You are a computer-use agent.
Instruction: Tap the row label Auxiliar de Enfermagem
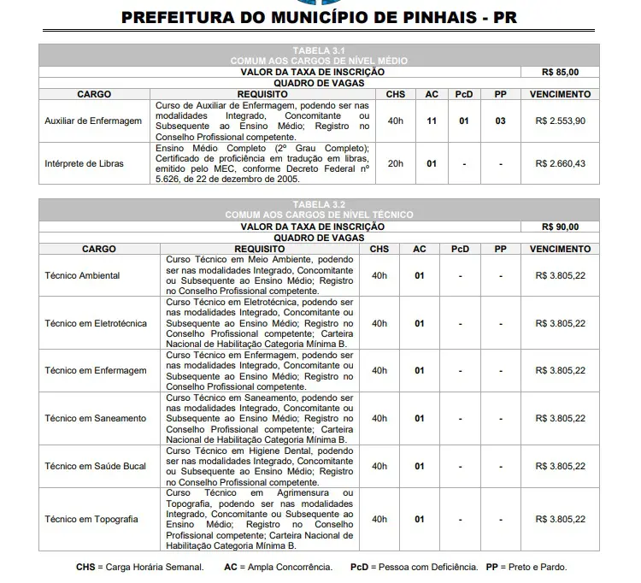[x=93, y=121]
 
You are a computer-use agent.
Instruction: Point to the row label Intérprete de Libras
[x=84, y=163]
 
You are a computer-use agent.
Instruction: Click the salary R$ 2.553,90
[x=560, y=121]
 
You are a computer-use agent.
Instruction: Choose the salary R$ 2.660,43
[x=560, y=163]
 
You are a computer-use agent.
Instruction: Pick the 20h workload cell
[x=395, y=163]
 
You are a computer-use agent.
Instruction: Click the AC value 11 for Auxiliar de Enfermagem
[x=432, y=121]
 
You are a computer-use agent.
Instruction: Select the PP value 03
[x=500, y=121]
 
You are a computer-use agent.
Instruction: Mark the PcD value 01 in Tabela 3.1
[x=463, y=121]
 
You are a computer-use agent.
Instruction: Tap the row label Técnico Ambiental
[x=82, y=276]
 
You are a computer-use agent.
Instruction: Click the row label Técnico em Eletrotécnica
[x=96, y=324]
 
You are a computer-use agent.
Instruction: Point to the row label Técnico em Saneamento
[x=95, y=419]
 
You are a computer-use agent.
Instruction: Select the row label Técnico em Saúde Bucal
[x=95, y=467]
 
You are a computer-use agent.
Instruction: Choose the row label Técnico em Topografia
[x=91, y=520]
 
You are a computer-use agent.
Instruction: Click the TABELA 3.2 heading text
[x=319, y=205]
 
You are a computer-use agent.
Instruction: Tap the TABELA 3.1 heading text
[x=319, y=51]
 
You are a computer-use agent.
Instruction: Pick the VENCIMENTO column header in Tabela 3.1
[x=560, y=94]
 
